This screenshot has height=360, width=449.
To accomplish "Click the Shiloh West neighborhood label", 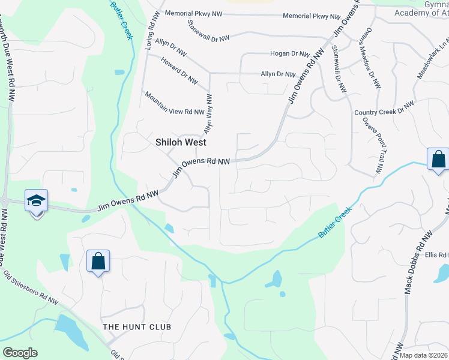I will pos(181,143).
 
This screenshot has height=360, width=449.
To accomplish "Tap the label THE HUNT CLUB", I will pos(137,327).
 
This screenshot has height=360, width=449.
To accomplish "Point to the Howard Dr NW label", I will pos(179,71).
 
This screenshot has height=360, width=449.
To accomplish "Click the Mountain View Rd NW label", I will pos(174,103).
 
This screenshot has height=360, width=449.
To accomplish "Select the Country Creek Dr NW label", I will pos(384,109).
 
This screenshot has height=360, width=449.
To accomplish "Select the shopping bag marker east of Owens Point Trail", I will pos(438,160).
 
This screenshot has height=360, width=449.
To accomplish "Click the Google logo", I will pos(20,353).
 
